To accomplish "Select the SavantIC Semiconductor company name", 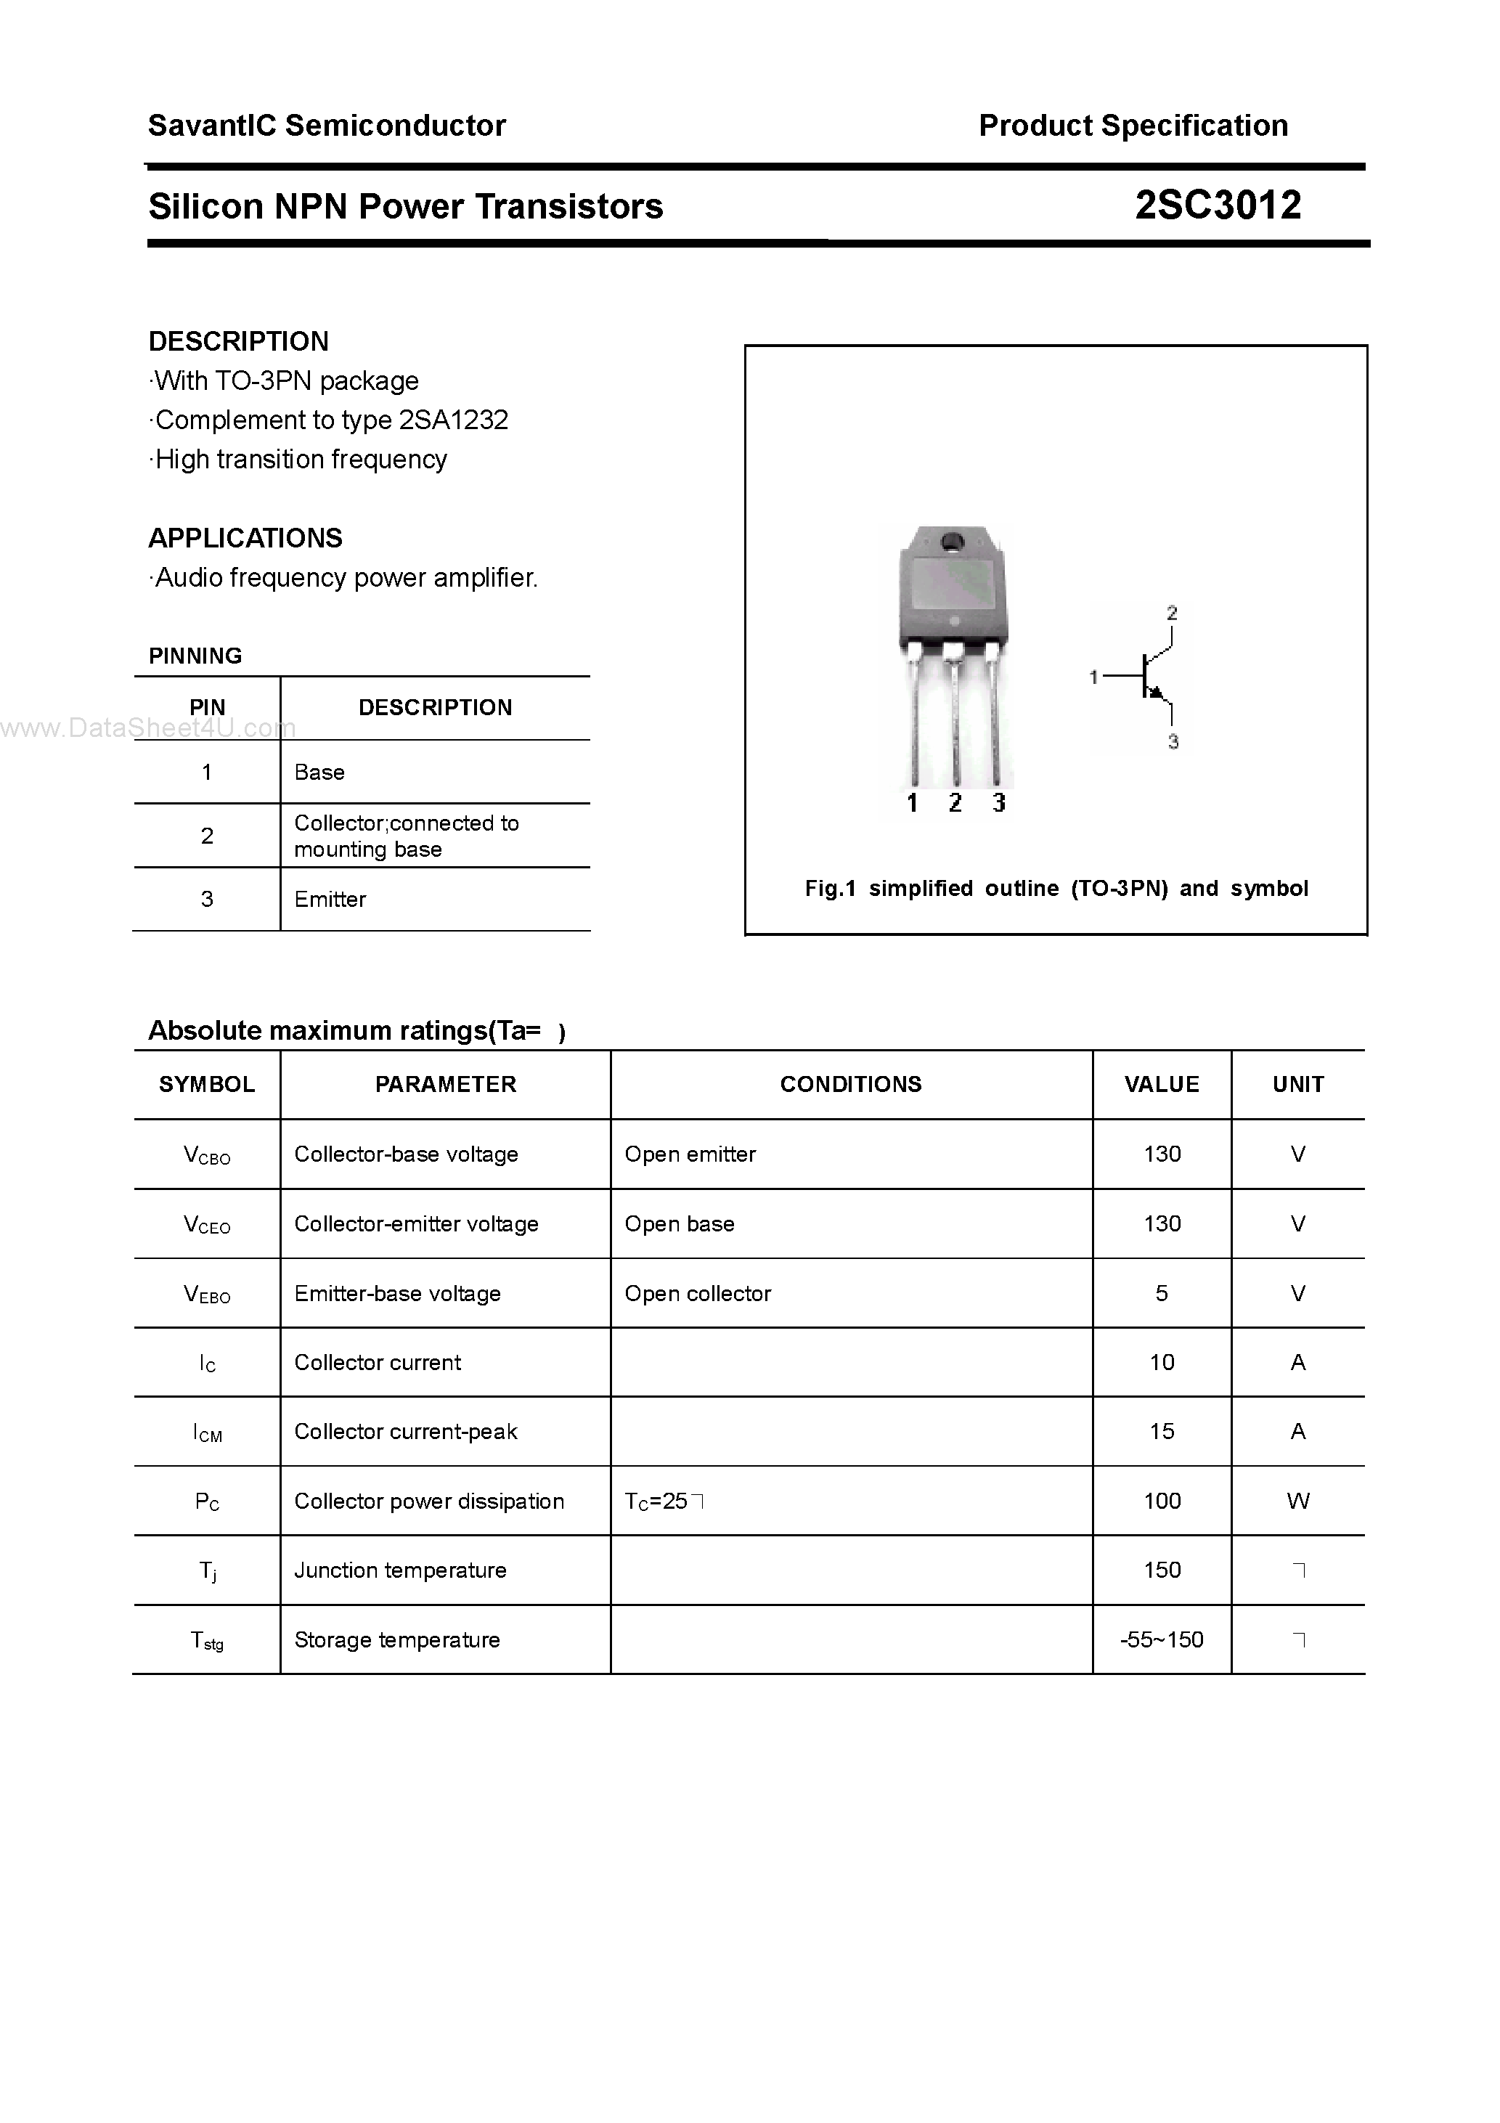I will click(327, 125).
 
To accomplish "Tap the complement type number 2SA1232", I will click(453, 420).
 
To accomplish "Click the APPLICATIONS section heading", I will click(245, 537).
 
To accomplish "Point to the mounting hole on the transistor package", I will click(952, 543).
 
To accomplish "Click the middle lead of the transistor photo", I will click(954, 721).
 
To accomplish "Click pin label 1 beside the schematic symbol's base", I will click(1093, 677).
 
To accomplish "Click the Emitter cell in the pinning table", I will click(330, 899).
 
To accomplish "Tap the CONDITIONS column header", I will click(850, 1084).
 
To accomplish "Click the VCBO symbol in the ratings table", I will click(207, 1155).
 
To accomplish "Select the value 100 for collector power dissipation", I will click(1162, 1501).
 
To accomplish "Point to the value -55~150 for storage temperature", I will click(1162, 1639).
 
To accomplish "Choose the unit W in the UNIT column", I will click(1297, 1501).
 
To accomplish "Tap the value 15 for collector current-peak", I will click(1162, 1431).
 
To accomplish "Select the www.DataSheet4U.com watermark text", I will click(148, 729).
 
